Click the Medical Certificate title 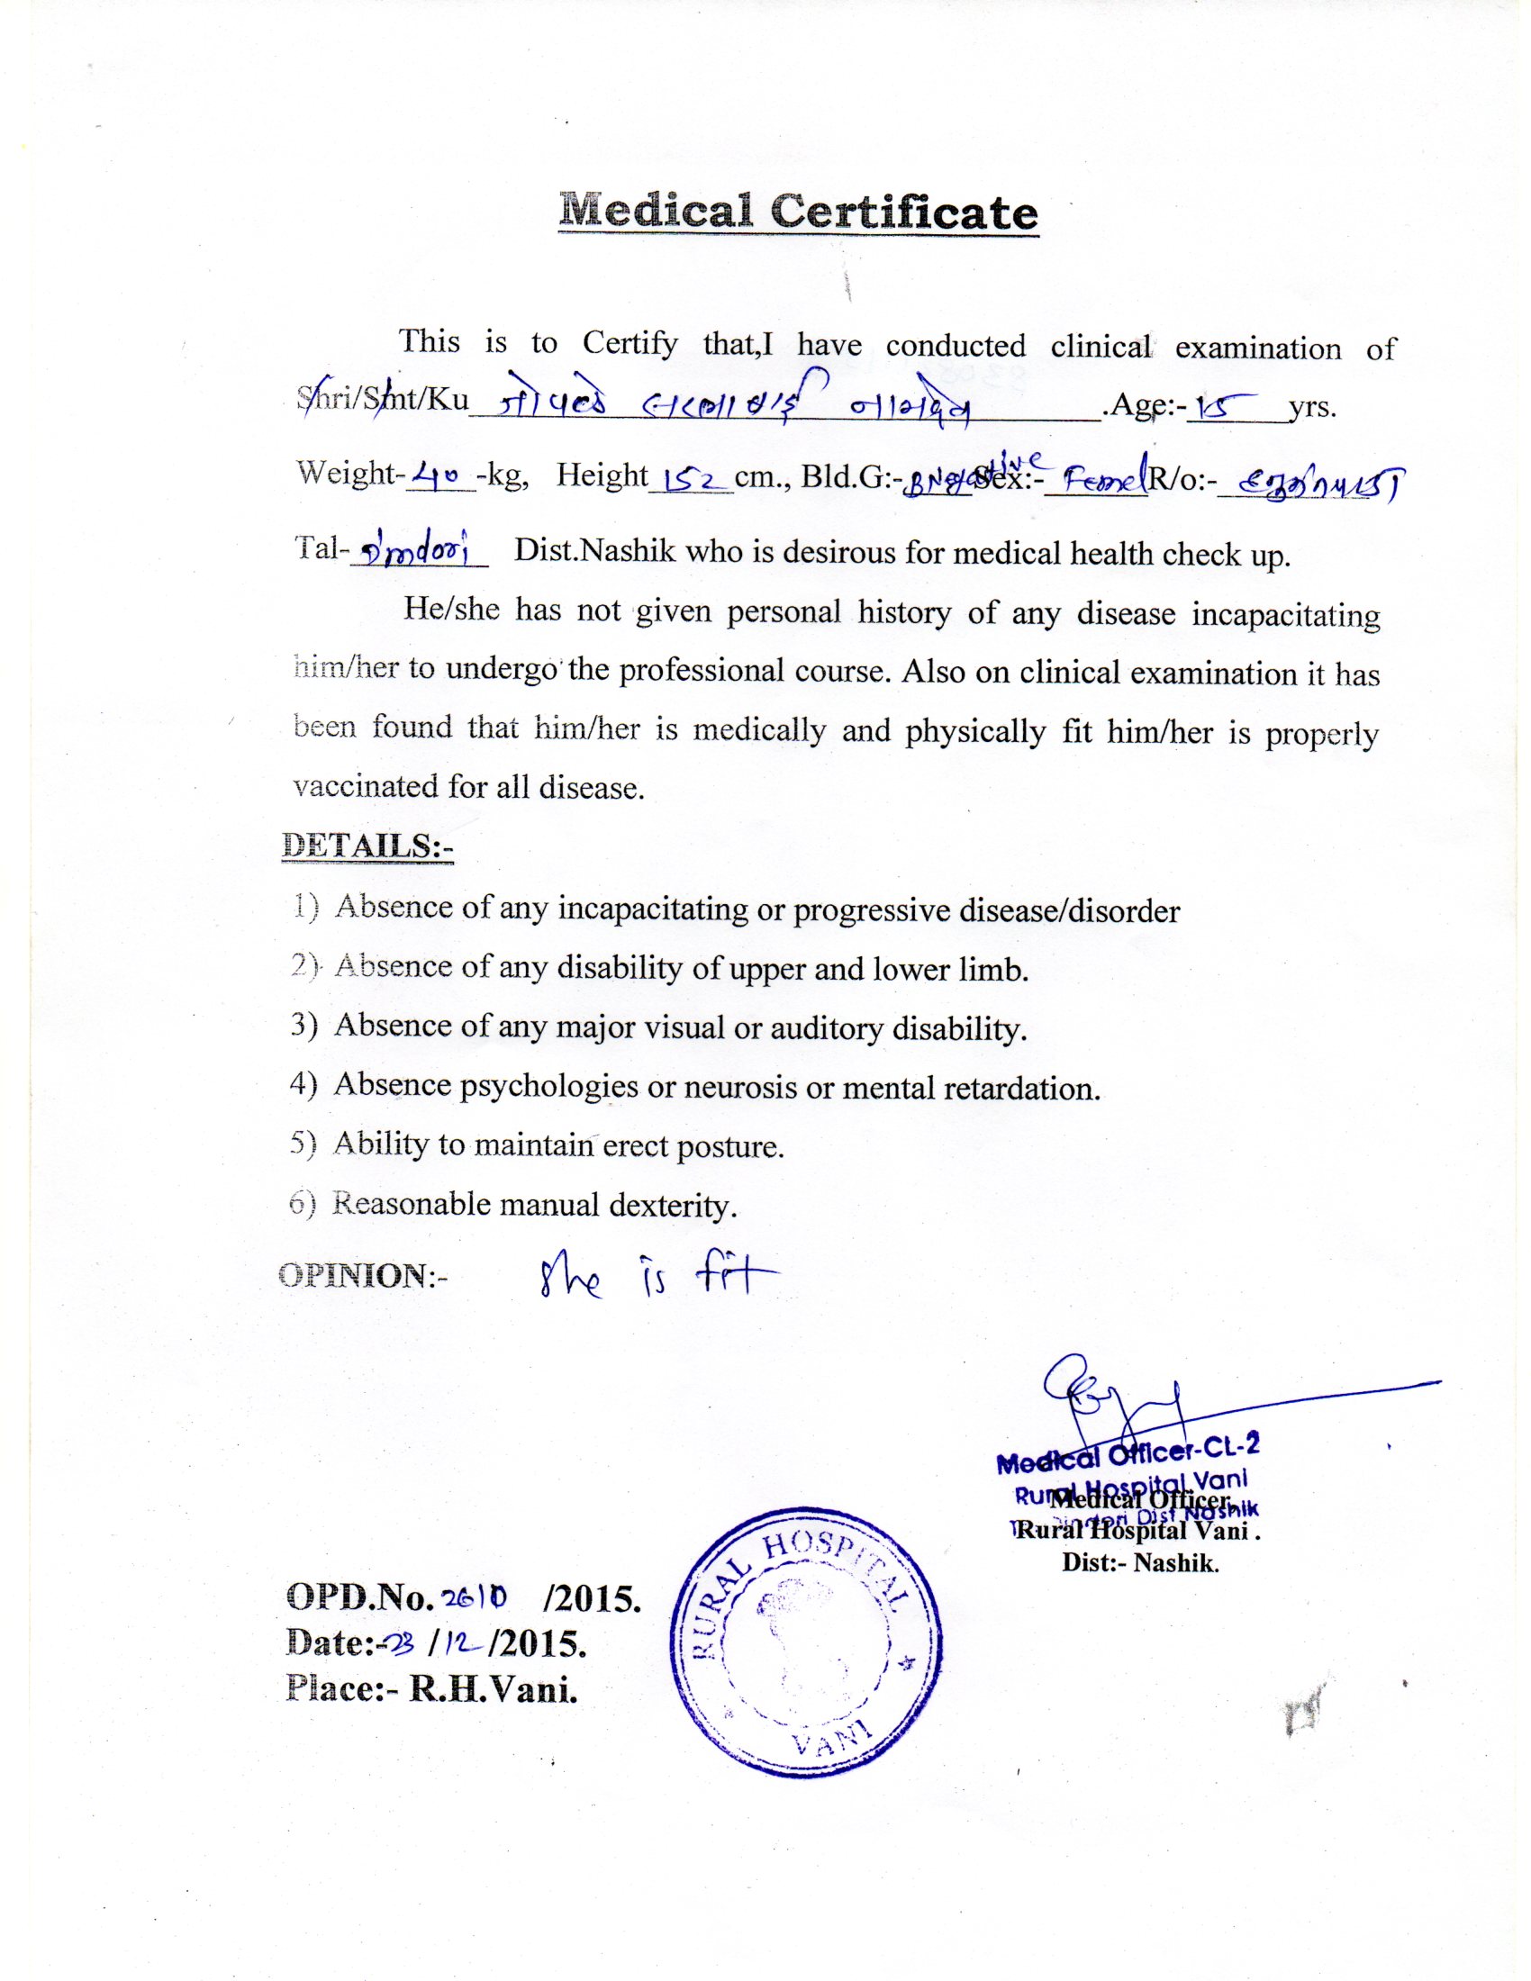(x=798, y=213)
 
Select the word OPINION (x=353, y=1274)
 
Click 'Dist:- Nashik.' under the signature (x=1140, y=1563)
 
